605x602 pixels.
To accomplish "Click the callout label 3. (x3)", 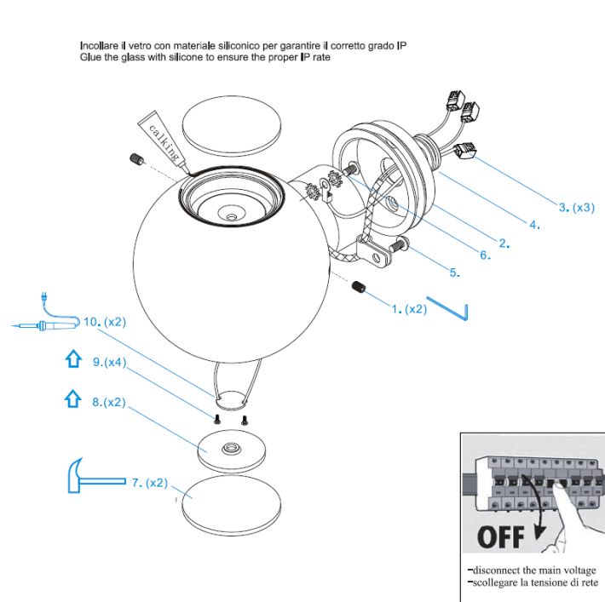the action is pos(576,208).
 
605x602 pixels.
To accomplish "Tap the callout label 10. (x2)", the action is pos(105,322).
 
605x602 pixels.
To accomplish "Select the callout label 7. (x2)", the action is pos(150,483).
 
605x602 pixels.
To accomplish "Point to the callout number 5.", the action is pos(454,272).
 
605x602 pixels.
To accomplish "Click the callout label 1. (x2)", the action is pos(409,309).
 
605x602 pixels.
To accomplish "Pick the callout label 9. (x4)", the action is pos(109,362).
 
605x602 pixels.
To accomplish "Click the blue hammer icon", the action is pos(96,475).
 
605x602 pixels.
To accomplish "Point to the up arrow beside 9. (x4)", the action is pos(73,359).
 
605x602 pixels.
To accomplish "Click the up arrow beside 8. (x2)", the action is pos(72,398).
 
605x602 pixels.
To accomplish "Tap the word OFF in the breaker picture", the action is pos(500,537).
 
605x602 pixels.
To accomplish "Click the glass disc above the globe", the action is pos(232,126).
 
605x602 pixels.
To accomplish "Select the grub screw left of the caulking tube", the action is pos(136,158).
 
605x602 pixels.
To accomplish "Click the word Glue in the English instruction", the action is pos(90,57).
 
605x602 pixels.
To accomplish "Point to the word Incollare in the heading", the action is pos(99,46).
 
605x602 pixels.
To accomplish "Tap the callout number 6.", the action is pos(486,255).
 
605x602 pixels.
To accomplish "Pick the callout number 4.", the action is pos(535,225).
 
